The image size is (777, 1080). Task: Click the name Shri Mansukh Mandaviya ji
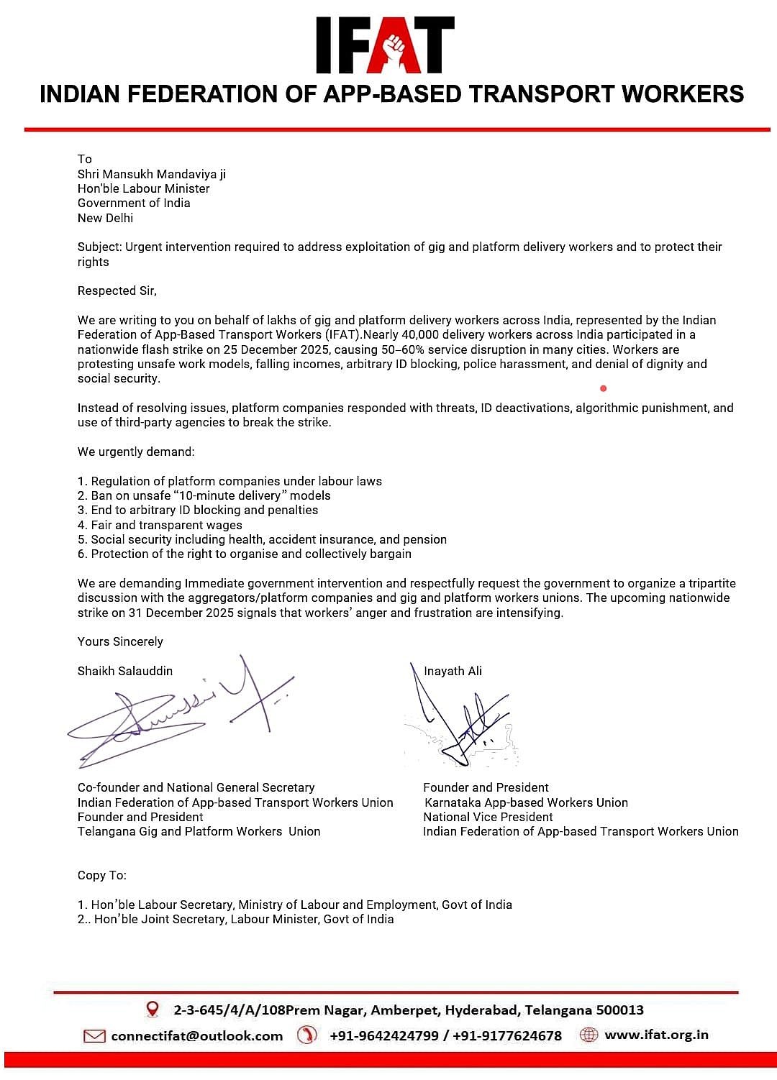(152, 174)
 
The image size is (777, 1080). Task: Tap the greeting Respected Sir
(117, 290)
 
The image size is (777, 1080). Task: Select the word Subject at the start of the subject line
(99, 247)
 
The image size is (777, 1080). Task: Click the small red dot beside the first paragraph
(603, 388)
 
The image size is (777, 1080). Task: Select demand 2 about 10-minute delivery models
(204, 495)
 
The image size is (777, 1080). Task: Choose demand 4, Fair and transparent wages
(160, 525)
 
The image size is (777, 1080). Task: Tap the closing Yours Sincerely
(120, 641)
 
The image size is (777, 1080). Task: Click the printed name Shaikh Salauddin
(125, 671)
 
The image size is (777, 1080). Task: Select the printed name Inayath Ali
(453, 671)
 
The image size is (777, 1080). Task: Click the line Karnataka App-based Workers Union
(526, 802)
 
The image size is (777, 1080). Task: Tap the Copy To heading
(102, 875)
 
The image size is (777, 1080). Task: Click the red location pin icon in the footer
(153, 1010)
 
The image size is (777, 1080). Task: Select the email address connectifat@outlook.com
(196, 1035)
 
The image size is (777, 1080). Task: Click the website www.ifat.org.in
(656, 1035)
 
